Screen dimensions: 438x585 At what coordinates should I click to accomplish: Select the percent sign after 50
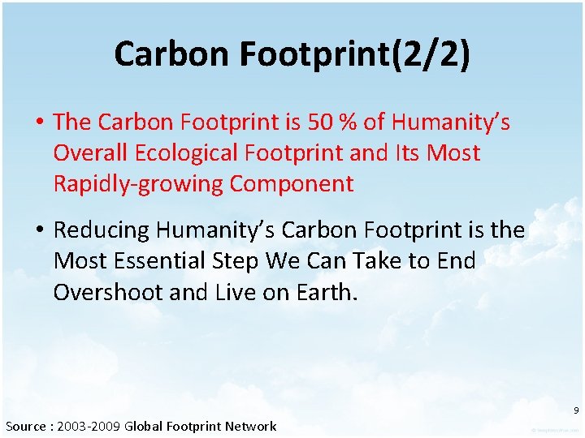[349, 122]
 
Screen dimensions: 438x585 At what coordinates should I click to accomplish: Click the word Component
[292, 183]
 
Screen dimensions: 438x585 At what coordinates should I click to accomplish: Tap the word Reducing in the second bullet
[102, 230]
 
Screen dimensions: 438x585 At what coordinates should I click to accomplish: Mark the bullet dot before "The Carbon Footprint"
[38, 122]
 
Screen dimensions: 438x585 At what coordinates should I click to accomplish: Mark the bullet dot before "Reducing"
[38, 231]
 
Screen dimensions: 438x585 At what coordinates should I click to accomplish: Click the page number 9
[575, 410]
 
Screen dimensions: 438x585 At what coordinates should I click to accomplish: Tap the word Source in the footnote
[26, 426]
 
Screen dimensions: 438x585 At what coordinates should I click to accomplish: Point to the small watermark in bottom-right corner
[556, 430]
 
